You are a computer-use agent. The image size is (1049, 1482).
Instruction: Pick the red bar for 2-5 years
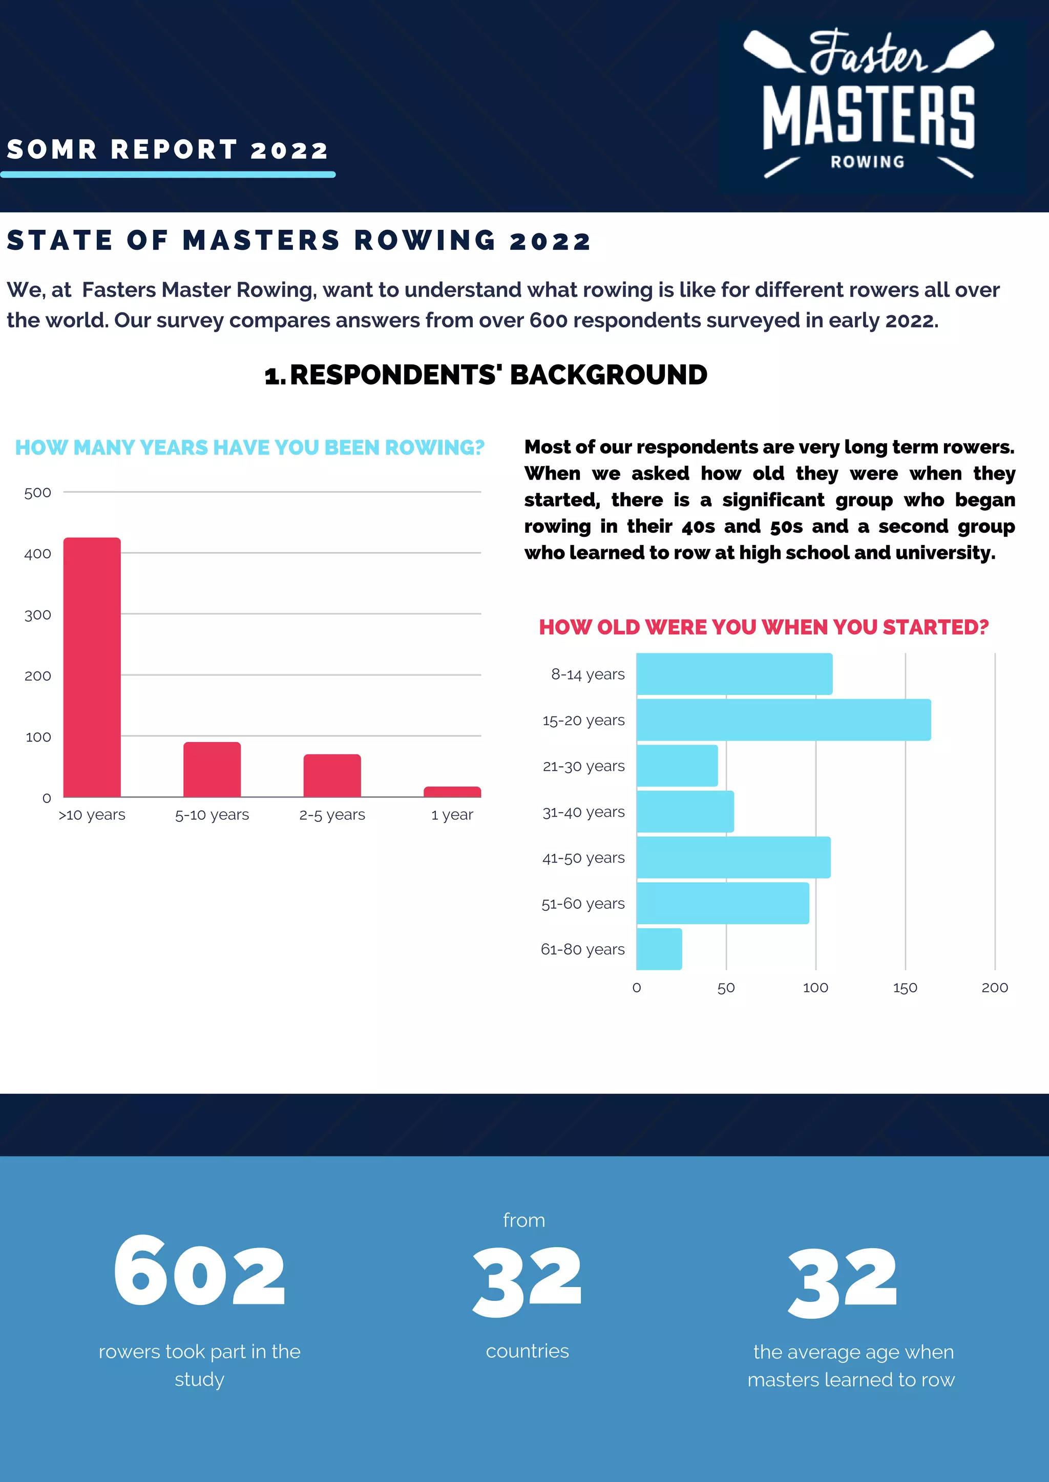coord(332,775)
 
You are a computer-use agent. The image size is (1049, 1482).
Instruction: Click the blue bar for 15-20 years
coord(783,720)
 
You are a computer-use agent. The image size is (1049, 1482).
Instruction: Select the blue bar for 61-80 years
coord(659,949)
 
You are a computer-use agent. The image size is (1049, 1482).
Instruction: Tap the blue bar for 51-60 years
coord(722,903)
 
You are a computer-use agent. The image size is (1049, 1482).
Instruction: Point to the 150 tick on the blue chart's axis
coord(905,988)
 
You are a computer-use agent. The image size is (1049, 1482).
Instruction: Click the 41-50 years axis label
coord(583,858)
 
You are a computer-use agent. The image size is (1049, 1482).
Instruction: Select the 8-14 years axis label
coord(588,674)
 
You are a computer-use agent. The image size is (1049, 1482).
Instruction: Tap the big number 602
coord(199,1272)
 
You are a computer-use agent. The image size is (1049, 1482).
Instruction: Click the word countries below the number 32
coord(527,1351)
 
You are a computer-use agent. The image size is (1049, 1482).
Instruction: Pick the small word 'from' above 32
coord(524,1221)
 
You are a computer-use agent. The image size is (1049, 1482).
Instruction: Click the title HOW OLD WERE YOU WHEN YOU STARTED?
coord(764,627)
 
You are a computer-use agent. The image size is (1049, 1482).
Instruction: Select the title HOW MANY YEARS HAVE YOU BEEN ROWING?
coord(249,447)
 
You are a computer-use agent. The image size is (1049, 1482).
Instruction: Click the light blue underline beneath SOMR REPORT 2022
coord(168,175)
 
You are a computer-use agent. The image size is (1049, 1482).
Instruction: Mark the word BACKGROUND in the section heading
coord(609,375)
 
